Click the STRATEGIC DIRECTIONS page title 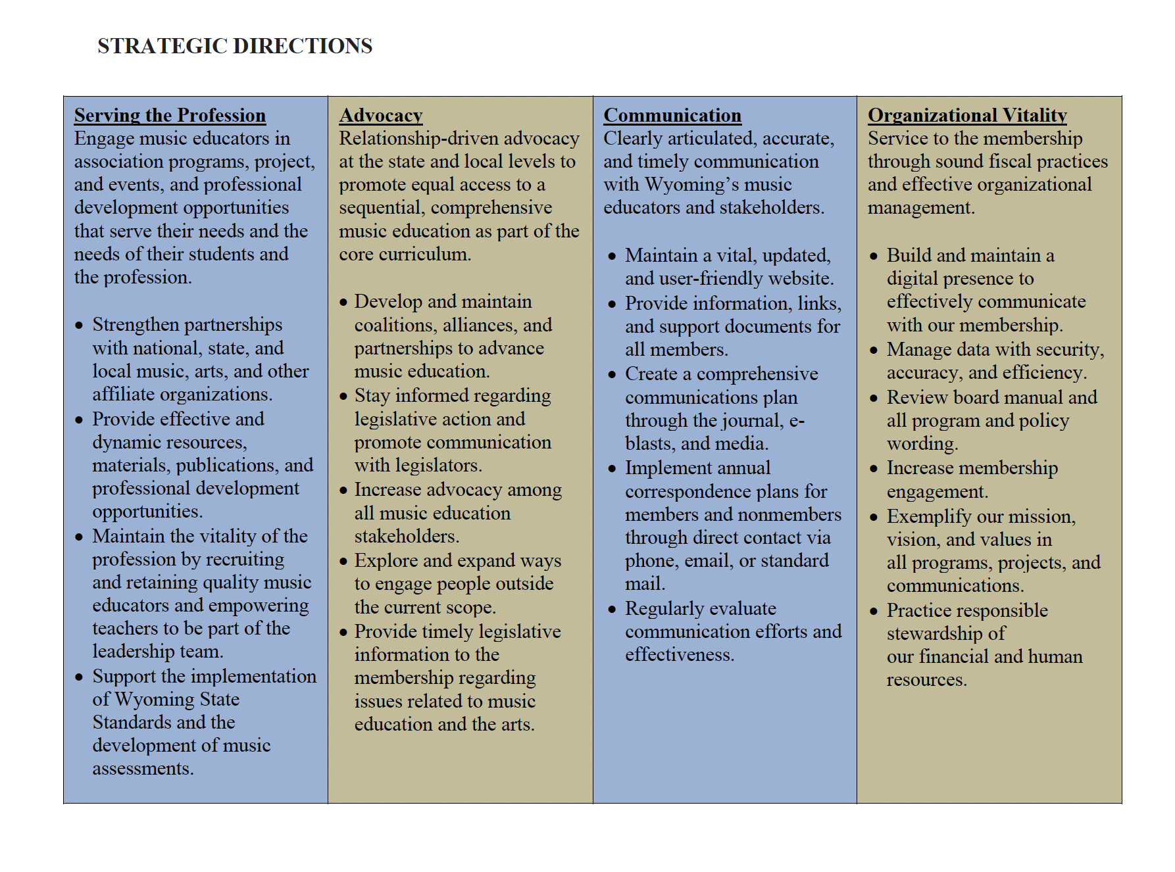(x=235, y=46)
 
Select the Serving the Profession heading (x=170, y=115)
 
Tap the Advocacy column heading (x=381, y=115)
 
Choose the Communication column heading (x=672, y=115)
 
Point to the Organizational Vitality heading (x=967, y=115)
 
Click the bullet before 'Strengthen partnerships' (x=80, y=326)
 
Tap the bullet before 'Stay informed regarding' (x=343, y=397)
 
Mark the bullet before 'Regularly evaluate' (x=612, y=610)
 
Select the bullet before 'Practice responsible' (x=874, y=612)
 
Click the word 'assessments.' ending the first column (x=143, y=769)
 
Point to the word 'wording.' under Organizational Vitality (x=922, y=444)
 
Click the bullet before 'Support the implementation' (x=80, y=677)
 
